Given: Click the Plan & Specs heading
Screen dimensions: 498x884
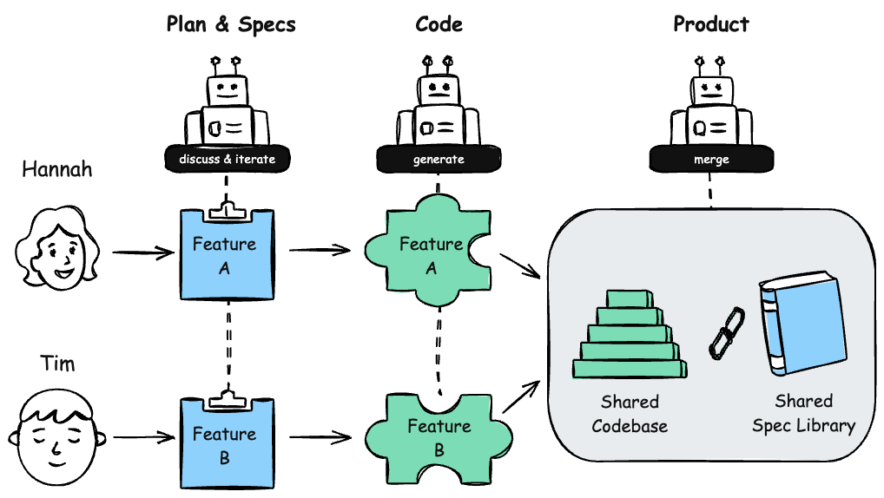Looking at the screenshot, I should (x=231, y=24).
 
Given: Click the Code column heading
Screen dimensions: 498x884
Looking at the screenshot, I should (x=439, y=24).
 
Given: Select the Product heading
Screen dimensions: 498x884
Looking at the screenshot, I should (x=710, y=24).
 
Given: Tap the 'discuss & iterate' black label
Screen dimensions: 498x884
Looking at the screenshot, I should (x=227, y=159).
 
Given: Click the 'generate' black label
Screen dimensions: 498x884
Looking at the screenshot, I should (x=438, y=159).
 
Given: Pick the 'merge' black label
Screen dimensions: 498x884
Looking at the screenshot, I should (x=711, y=159).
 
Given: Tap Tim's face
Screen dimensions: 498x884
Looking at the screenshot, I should (x=56, y=437).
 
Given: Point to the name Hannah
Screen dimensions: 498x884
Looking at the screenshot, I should (x=57, y=170).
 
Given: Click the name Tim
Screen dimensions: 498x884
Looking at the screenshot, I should (x=57, y=362).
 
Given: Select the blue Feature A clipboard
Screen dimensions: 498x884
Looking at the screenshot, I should (x=225, y=255).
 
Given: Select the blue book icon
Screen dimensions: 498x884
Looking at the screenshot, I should (x=802, y=326).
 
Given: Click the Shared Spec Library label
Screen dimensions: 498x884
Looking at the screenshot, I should (x=803, y=414).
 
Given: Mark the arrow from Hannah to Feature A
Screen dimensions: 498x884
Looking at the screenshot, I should (x=142, y=253).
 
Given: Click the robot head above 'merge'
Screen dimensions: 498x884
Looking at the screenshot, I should (x=711, y=89).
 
